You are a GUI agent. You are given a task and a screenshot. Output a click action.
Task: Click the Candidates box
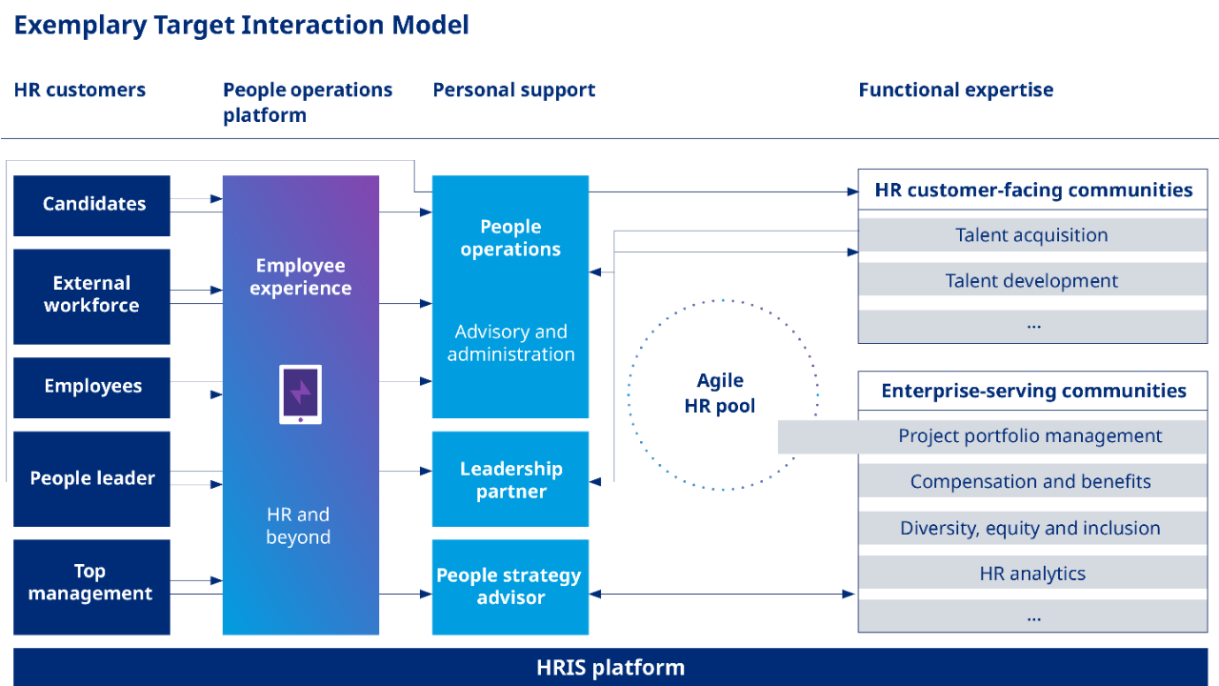pos(92,205)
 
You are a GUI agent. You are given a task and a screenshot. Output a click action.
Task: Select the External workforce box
pos(92,295)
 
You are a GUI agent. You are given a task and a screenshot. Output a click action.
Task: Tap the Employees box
pos(92,387)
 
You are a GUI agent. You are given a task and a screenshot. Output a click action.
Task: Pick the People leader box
pos(92,478)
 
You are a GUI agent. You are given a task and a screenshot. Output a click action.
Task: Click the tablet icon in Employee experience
pos(300,393)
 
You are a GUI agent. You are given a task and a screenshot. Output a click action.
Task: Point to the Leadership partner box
pos(510,479)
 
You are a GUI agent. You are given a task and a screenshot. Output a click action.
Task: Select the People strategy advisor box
pos(510,587)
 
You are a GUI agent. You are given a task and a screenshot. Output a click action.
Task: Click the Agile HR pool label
pos(720,393)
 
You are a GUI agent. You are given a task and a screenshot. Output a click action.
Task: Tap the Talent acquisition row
pos(1032,235)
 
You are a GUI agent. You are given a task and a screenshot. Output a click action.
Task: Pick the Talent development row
pos(1032,280)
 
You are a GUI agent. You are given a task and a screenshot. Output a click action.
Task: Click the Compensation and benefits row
pos(1032,482)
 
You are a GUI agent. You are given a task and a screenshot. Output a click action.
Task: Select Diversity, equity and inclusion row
pos(1032,528)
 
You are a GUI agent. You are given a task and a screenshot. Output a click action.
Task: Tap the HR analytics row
pos(1032,574)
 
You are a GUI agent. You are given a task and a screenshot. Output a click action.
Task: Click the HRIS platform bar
pos(610,667)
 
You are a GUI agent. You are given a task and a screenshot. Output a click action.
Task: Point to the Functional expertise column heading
pos(955,91)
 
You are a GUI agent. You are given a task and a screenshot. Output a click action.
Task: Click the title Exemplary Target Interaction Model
pos(241,26)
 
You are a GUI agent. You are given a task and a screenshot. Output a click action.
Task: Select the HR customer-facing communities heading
pos(1033,191)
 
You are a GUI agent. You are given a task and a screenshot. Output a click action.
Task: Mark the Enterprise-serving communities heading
pos(1033,391)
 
